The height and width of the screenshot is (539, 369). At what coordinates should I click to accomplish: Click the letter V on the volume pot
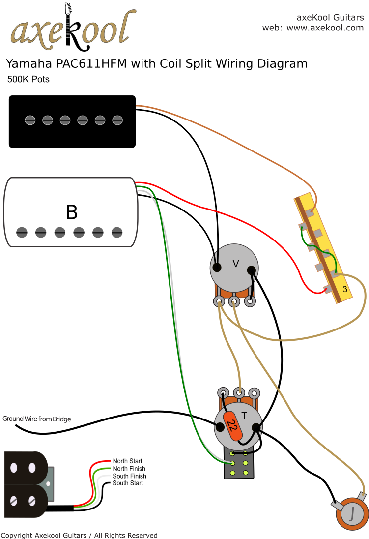235,264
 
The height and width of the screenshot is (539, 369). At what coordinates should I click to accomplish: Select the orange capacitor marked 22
233,426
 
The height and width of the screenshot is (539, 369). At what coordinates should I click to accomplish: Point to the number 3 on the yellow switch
345,290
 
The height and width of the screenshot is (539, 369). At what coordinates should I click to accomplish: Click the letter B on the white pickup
72,212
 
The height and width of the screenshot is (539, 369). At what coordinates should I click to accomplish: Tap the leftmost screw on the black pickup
30,120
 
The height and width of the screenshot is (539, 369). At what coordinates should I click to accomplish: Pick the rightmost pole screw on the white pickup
117,232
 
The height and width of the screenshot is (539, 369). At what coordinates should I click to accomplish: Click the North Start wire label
128,461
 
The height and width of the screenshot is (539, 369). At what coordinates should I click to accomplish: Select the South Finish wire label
129,476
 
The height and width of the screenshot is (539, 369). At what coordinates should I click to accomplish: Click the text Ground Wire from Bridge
37,419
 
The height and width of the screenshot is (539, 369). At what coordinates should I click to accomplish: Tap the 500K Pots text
28,79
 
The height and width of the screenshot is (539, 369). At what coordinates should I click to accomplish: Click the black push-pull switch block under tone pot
239,464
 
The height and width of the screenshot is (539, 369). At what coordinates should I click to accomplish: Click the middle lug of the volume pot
234,301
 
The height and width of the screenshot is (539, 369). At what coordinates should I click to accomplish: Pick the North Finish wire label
129,469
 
